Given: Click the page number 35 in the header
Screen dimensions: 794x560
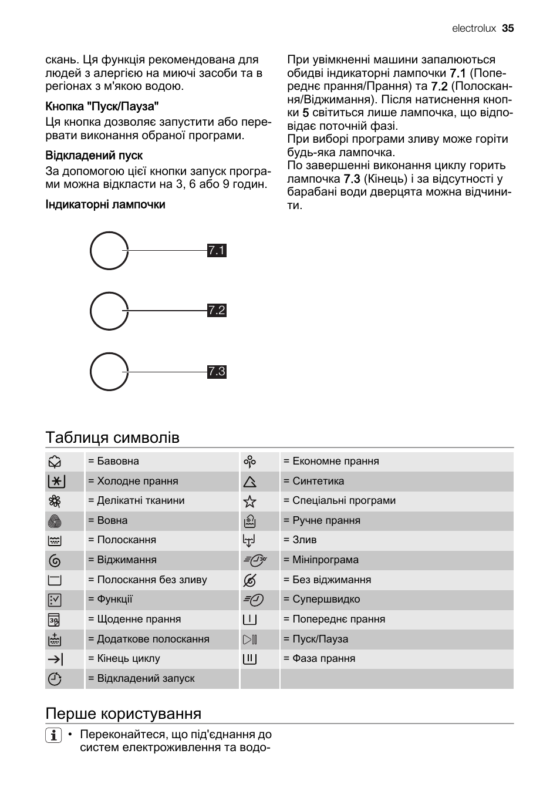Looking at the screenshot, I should coord(508,28).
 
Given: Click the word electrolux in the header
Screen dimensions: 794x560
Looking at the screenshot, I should coord(474,28).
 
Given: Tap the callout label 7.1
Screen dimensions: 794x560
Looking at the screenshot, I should coord(217,251).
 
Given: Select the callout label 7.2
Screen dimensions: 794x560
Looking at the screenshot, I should coord(217,311).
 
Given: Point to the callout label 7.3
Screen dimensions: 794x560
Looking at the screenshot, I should coord(217,372).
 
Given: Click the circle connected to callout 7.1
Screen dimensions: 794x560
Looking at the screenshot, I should coord(109,251).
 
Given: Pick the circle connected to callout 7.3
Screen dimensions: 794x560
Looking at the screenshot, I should coord(109,372).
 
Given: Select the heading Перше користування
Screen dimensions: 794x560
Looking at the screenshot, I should coord(123,714).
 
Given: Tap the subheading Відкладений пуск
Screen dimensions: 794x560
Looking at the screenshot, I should coord(94,156).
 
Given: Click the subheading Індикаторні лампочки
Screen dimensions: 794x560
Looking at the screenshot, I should coord(105,204).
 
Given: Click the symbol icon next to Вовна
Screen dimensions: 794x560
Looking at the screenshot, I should coord(55,521).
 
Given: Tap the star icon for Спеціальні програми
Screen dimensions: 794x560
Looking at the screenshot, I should coord(249,501).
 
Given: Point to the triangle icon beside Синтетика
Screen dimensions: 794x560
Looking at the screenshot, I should coord(249,482).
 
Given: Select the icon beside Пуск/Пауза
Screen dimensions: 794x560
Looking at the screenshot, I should coord(249,640).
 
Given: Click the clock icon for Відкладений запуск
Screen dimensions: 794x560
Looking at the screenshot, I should coord(55,679).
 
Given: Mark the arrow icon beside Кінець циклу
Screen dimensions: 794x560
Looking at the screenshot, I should coord(55,659).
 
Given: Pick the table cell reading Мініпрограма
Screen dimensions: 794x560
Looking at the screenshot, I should coord(325,560).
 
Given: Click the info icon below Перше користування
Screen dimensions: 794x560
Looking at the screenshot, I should coord(53,735).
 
